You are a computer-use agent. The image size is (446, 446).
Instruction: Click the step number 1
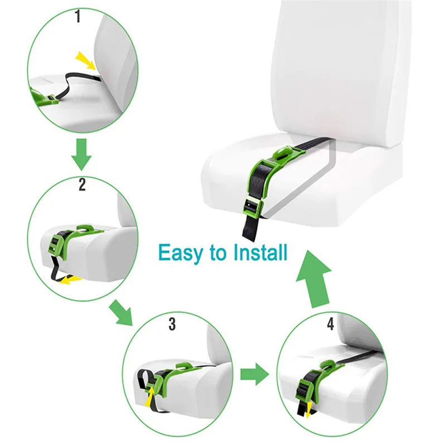pyautogui.click(x=77, y=17)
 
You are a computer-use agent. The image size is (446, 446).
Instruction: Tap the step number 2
pyautogui.click(x=82, y=185)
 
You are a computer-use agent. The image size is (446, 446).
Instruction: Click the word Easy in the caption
pyautogui.click(x=182, y=253)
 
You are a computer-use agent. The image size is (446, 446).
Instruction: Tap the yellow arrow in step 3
pyautogui.click(x=151, y=396)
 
